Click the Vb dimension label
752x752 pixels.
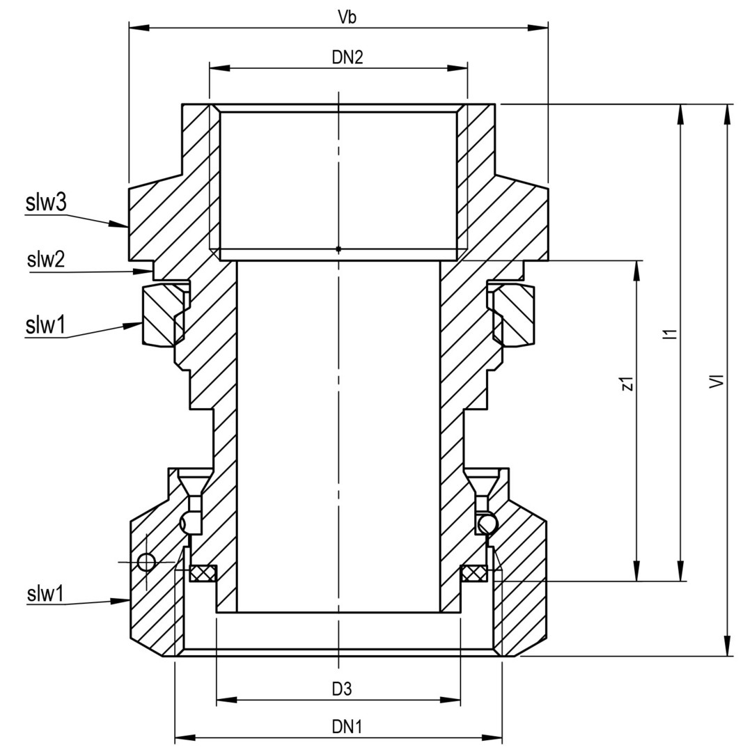[347, 17]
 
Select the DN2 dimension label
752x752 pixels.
[347, 57]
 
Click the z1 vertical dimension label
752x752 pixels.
[627, 383]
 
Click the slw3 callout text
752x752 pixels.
[46, 203]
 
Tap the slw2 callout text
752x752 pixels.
[45, 260]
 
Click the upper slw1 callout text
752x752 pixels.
[45, 326]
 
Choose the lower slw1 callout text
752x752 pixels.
[45, 594]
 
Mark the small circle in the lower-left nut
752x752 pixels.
[146, 562]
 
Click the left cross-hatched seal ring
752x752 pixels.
[203, 573]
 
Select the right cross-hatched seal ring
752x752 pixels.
[474, 573]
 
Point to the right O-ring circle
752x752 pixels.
[487, 524]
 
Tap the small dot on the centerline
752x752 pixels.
[338, 249]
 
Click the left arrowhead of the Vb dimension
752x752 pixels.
[139, 28]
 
